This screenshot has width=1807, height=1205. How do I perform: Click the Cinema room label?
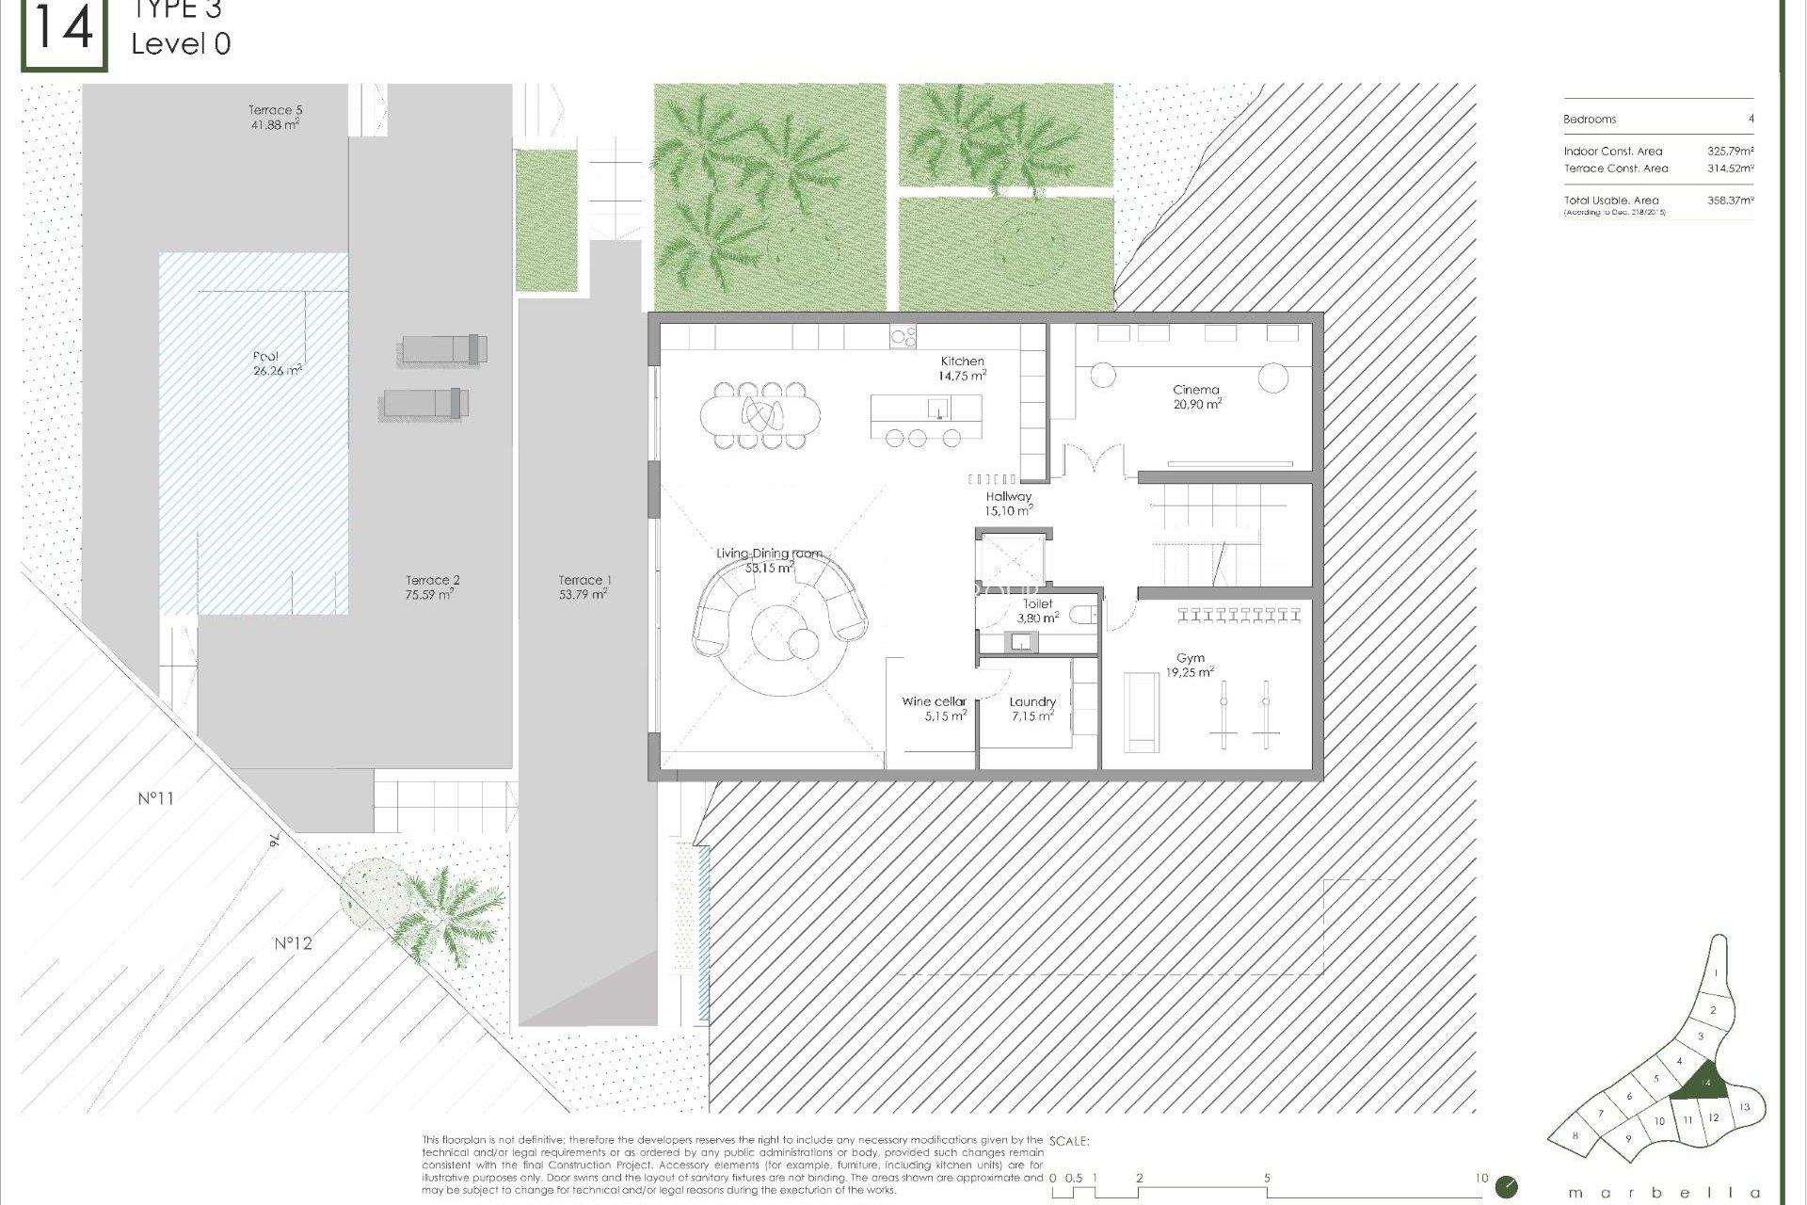tap(1195, 389)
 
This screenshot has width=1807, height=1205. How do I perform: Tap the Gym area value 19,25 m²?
tap(1190, 672)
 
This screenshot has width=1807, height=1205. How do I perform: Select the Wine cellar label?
tap(934, 701)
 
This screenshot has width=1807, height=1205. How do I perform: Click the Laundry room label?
tap(1032, 701)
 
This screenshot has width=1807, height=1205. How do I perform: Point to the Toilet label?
tap(1037, 603)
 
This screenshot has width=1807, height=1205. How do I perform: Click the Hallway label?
tap(1009, 496)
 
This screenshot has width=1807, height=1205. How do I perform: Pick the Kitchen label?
tap(962, 361)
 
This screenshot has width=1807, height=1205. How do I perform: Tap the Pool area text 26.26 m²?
tap(277, 371)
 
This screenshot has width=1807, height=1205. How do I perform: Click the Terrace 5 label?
tap(275, 110)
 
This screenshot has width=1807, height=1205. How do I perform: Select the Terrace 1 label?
tap(584, 580)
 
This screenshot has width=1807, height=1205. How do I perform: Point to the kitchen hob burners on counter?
tap(903, 336)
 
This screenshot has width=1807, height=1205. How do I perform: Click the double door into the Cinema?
tap(1095, 461)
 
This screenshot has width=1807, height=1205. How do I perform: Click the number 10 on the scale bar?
tap(1480, 1178)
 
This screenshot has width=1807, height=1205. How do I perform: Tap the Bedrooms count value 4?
tap(1751, 120)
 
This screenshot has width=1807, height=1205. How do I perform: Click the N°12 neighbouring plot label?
tap(293, 943)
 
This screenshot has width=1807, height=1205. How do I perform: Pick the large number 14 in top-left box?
tap(63, 28)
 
